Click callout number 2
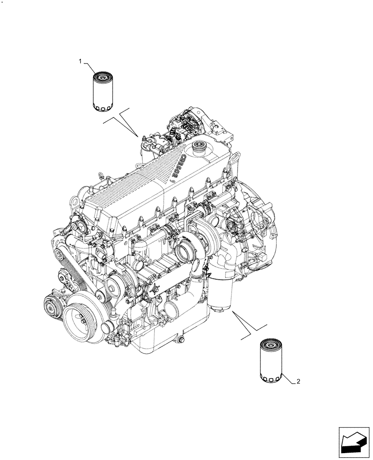pos(299,381)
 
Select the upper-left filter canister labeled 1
pos(103,91)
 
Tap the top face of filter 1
pos(103,75)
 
